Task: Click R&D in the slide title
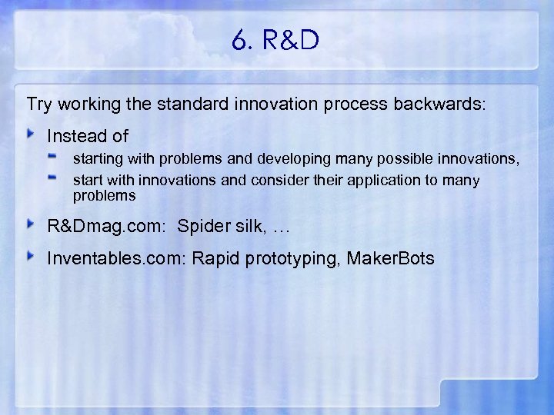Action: [x=291, y=41]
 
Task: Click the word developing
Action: [x=289, y=160]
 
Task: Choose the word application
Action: [x=369, y=181]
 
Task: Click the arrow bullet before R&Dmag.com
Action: [x=31, y=224]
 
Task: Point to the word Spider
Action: [x=202, y=226]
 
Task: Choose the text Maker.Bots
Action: [x=390, y=258]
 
